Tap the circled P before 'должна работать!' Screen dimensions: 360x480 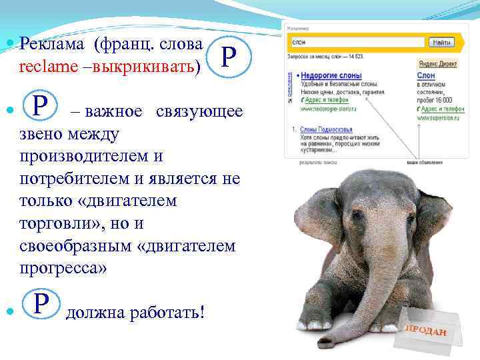41,305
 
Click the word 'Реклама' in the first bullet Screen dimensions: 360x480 54,44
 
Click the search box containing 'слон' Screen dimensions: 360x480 357,42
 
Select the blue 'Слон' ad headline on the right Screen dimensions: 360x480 426,76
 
